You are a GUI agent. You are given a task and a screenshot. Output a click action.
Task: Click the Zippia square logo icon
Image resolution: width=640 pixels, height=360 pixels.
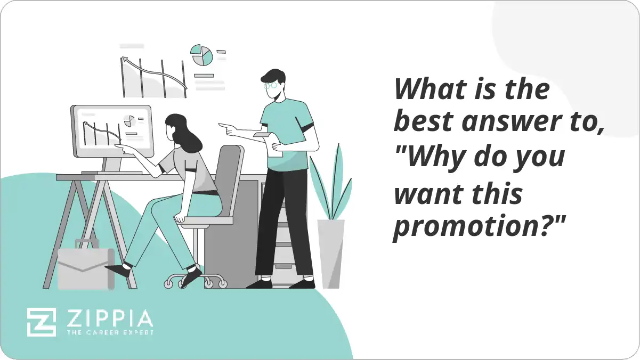click(x=41, y=322)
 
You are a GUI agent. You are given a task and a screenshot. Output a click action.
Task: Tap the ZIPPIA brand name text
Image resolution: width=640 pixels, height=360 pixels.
click(x=109, y=318)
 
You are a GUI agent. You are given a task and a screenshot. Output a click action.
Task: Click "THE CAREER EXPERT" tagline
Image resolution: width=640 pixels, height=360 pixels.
click(x=109, y=332)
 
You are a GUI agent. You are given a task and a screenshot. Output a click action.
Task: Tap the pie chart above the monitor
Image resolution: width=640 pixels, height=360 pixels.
click(x=202, y=55)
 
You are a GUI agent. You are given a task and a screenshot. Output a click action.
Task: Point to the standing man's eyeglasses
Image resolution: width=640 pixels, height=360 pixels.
click(x=271, y=85)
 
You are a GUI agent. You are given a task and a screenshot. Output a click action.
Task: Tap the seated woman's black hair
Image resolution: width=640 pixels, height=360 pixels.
click(x=184, y=133)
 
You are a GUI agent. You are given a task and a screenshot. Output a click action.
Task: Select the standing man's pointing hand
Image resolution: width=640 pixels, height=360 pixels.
click(x=227, y=128)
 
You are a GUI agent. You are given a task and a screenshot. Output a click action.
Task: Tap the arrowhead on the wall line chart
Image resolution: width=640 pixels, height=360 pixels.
click(x=125, y=60)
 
